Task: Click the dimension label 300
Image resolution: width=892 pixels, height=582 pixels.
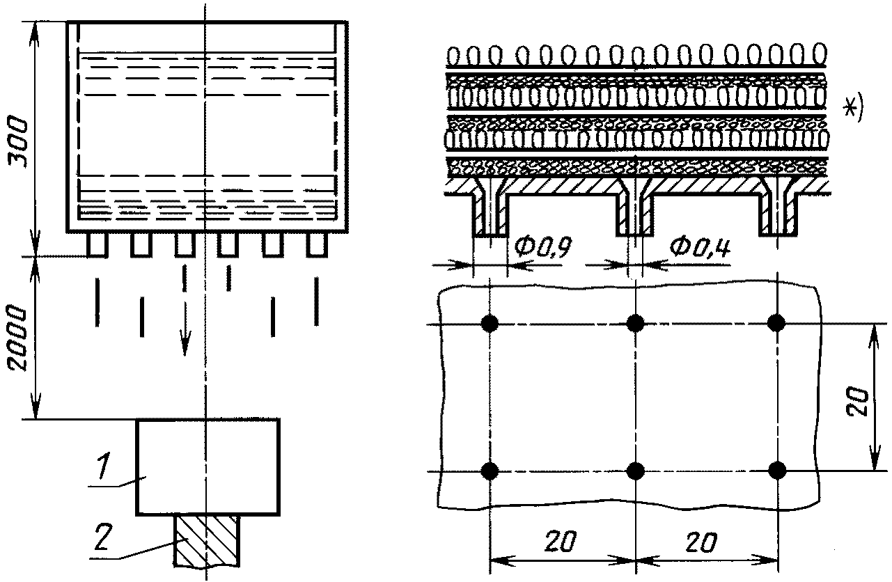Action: [19, 142]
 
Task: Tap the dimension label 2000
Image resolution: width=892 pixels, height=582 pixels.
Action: [18, 338]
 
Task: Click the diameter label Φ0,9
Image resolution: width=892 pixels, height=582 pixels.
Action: [542, 247]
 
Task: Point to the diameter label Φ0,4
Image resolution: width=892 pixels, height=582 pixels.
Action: [700, 247]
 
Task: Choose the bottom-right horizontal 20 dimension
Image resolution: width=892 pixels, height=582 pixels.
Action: [702, 542]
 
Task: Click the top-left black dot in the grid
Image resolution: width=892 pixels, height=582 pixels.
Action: [490, 323]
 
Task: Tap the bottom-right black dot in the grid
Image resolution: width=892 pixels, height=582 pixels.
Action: [777, 470]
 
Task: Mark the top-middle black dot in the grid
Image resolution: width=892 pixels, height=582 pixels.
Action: [635, 323]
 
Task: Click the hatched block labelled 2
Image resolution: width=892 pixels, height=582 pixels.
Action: [207, 541]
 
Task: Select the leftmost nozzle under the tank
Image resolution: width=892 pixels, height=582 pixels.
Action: [97, 244]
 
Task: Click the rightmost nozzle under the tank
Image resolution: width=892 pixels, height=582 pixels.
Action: [317, 244]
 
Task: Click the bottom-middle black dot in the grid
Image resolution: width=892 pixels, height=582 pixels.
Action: [635, 471]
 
